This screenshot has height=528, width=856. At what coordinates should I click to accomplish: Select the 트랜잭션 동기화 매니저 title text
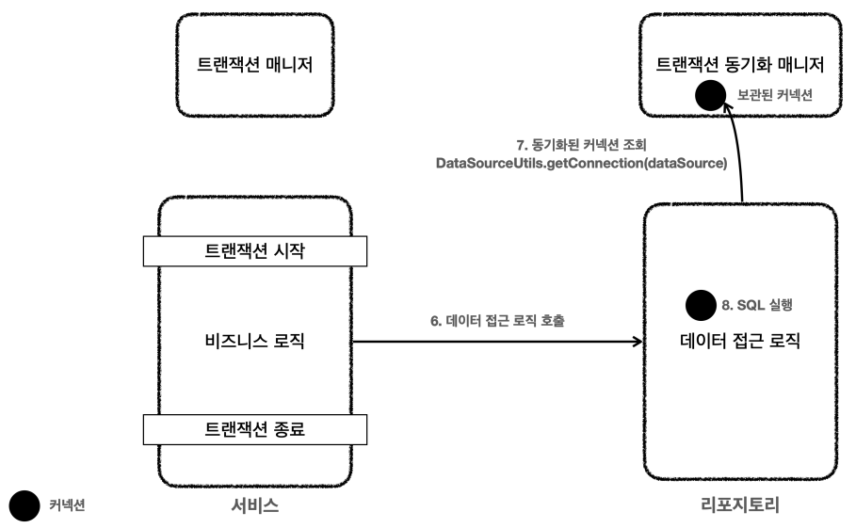pos(739,66)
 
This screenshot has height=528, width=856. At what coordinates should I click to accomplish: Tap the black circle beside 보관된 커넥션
pos(709,96)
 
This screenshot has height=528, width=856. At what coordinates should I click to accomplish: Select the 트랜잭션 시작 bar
pos(254,251)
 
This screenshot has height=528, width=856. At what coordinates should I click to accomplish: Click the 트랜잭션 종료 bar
pos(254,429)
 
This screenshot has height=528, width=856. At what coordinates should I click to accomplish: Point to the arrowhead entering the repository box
pos(636,342)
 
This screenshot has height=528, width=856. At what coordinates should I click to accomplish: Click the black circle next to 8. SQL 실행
pos(701,306)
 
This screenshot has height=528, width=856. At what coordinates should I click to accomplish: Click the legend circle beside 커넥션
pos(24,505)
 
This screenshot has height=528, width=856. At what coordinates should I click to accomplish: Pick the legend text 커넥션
pos(67,505)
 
